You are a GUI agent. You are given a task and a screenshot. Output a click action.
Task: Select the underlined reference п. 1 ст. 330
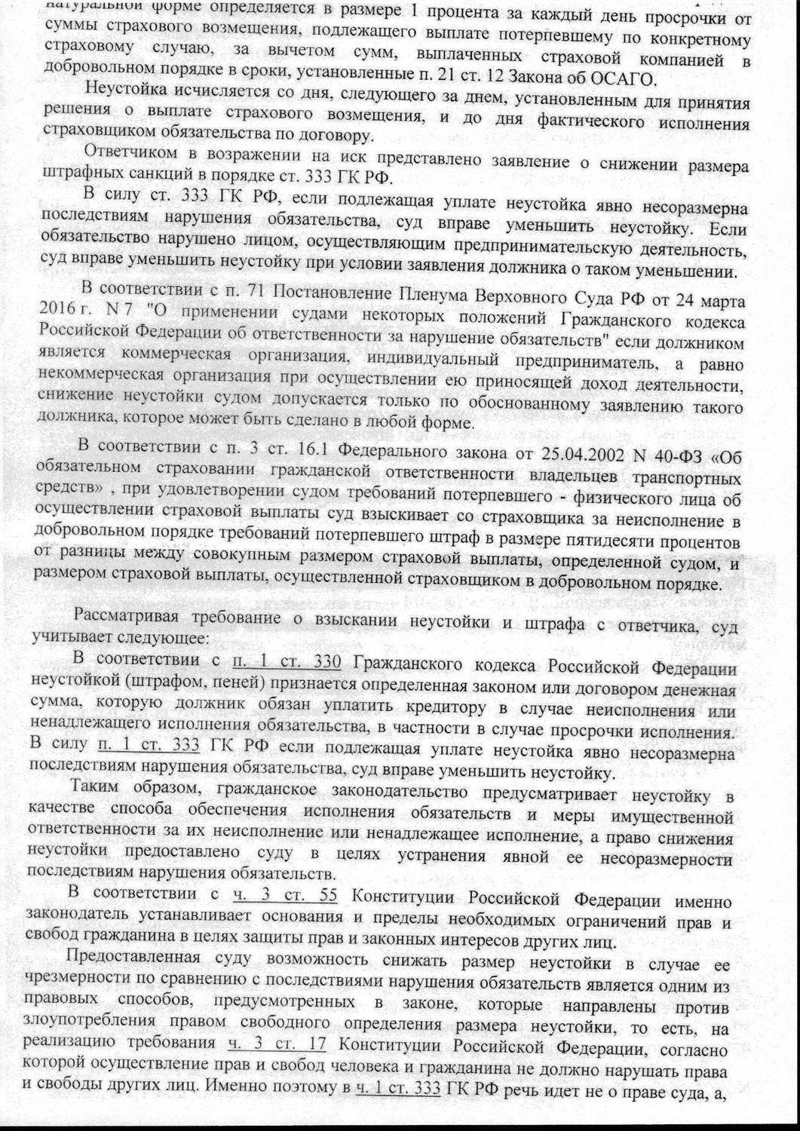[288, 663]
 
